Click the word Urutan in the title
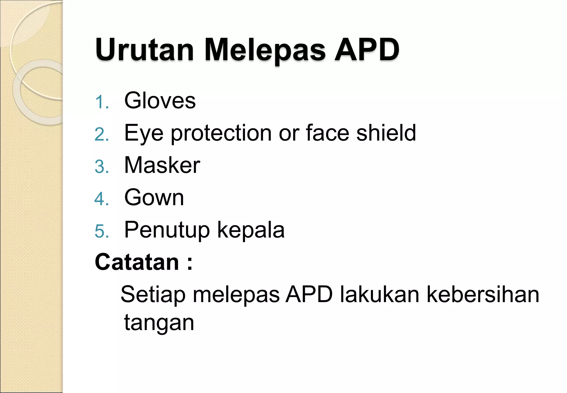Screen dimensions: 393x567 144,50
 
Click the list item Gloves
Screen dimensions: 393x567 160,100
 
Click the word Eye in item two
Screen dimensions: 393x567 144,133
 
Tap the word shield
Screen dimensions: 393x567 386,133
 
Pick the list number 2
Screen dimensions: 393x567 101,135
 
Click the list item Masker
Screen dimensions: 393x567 162,165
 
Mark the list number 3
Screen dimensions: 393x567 101,167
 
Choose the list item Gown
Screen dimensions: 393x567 154,197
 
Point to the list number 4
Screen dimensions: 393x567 101,199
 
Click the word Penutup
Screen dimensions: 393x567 167,230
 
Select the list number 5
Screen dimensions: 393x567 101,231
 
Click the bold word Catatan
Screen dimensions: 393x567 137,262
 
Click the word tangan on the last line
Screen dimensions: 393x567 159,323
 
